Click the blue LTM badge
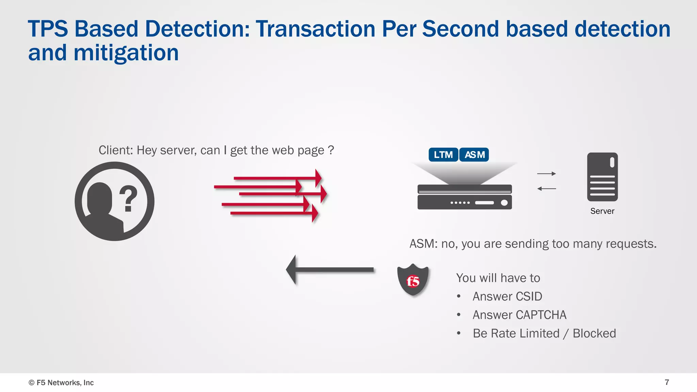[443, 155]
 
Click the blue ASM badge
[474, 155]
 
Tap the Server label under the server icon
[602, 211]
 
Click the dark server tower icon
[602, 177]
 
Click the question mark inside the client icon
[128, 198]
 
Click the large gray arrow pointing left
[329, 269]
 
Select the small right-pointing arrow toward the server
[546, 174]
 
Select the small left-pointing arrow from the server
[546, 189]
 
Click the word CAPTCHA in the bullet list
[541, 315]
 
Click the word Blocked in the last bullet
[594, 333]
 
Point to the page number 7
[667, 382]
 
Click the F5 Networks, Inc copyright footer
[61, 382]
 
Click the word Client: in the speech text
[116, 150]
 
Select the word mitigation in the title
[126, 53]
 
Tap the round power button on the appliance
[504, 203]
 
